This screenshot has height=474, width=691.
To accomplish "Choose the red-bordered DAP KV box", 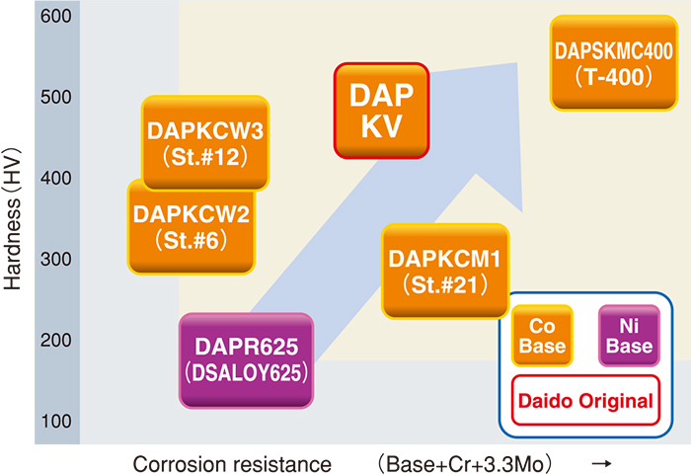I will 382,111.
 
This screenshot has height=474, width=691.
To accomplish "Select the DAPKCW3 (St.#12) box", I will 205,142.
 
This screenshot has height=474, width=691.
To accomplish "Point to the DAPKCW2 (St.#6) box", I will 192,226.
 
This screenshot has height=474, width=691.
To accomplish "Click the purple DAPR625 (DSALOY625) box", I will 246,360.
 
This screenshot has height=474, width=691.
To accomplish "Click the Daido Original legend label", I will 586,401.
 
